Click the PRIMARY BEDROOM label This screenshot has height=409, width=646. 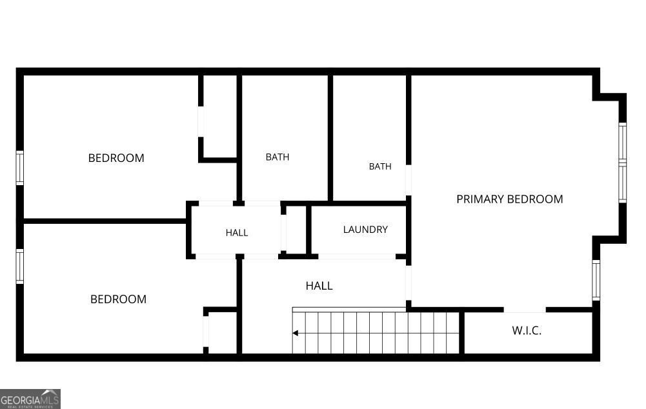(509, 199)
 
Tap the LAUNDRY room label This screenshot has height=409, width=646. (365, 230)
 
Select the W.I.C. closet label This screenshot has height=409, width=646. (527, 331)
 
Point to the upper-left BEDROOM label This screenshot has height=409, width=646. (116, 158)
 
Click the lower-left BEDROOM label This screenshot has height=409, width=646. (118, 299)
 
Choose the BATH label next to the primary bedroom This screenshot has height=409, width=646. (380, 166)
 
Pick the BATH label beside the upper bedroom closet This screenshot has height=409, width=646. (278, 157)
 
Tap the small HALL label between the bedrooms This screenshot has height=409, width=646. (237, 233)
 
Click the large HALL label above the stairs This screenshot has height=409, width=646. (319, 286)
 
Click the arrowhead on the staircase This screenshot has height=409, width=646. (295, 333)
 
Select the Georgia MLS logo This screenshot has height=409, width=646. (30, 399)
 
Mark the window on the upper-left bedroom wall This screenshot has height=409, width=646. (20, 168)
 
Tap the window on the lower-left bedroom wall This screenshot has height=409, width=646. (20, 266)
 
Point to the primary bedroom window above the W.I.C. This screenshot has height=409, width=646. (596, 280)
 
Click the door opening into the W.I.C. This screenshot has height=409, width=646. (525, 309)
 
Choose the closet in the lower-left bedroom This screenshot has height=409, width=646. (221, 330)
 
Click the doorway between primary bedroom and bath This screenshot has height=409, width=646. (409, 181)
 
